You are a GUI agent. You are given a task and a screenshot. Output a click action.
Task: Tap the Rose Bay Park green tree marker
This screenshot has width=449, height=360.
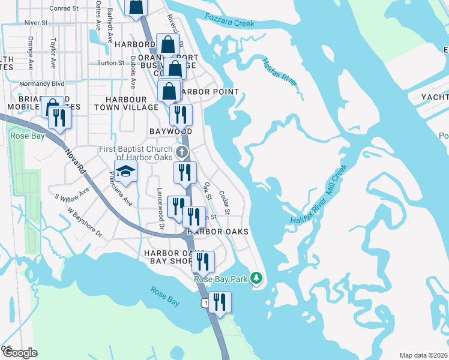pos(257,278)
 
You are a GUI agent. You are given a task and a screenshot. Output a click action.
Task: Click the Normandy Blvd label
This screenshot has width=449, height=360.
pos(41,84)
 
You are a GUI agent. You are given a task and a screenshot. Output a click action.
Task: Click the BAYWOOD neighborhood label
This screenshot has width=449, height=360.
pos(170,131)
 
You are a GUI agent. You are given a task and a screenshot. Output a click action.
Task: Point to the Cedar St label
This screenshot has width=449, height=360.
pos(224,203)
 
